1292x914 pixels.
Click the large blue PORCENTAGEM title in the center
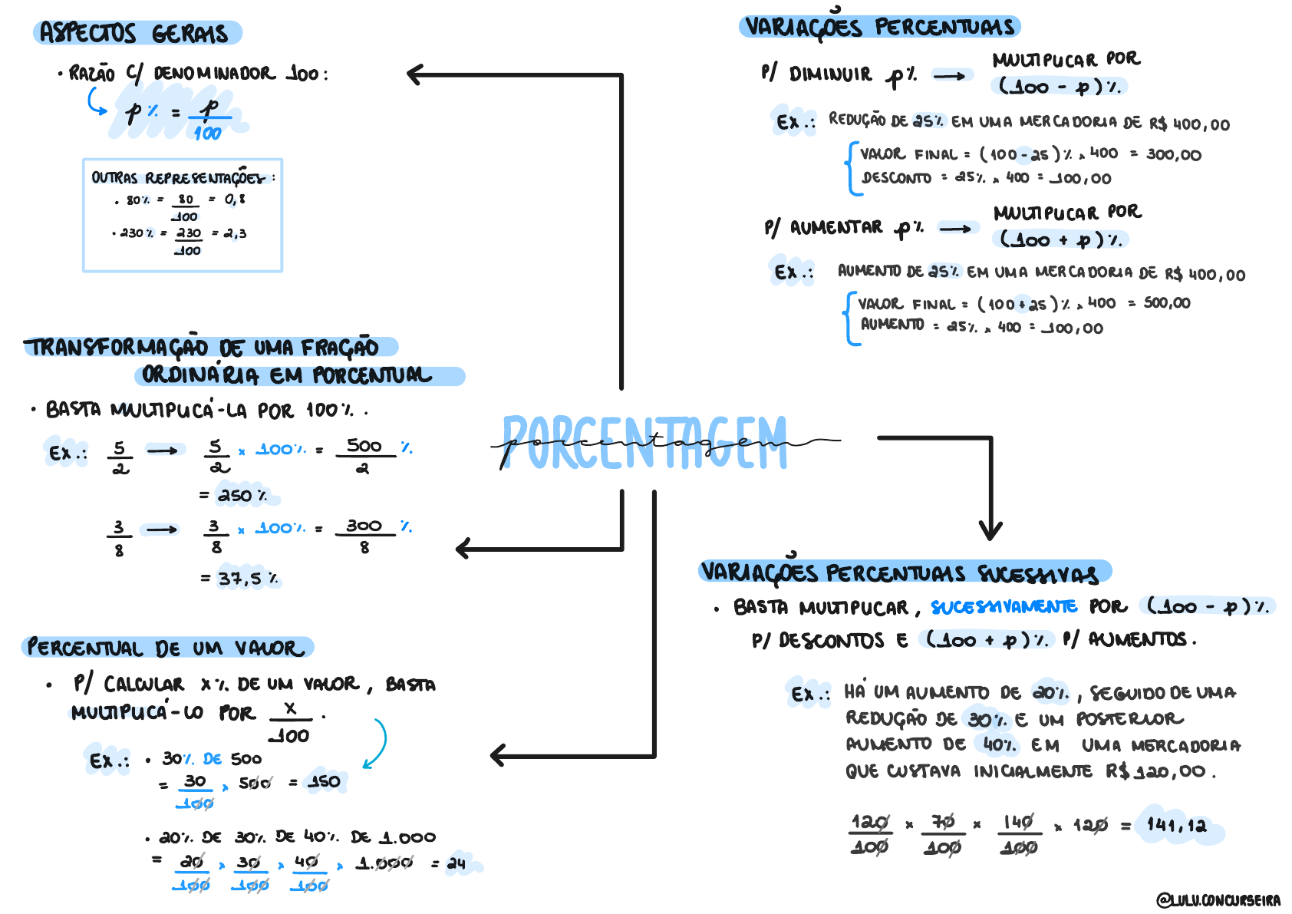click(644, 443)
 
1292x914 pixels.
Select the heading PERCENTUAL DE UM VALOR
click(166, 648)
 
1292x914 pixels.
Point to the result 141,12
click(1177, 826)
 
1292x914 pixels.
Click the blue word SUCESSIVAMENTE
click(1004, 607)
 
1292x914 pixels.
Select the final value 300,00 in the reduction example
click(1174, 155)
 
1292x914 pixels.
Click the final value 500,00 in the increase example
click(1167, 303)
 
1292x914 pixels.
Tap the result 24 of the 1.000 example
click(456, 863)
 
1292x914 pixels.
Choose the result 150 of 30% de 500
click(324, 782)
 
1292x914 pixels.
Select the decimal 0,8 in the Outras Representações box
click(235, 200)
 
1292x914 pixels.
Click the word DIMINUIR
click(830, 74)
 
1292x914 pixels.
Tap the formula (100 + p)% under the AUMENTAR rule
click(1060, 239)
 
